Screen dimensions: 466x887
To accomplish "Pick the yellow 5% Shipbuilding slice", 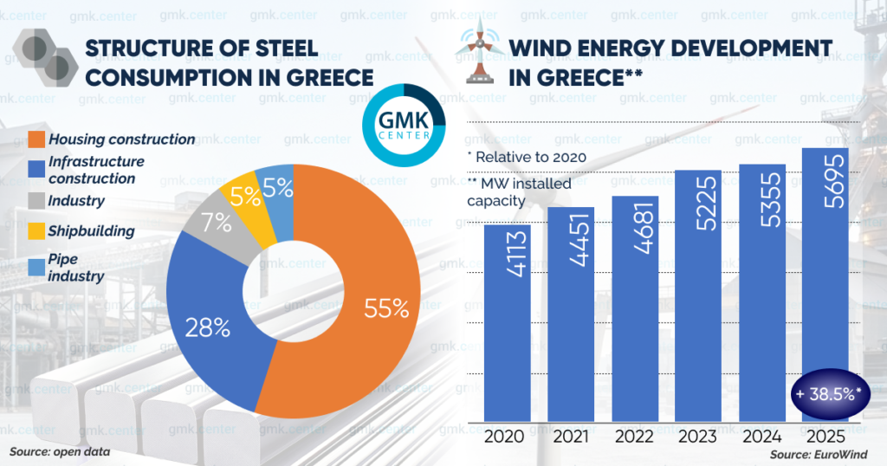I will pos(245,197).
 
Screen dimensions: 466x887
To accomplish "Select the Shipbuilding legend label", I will pos(91,231).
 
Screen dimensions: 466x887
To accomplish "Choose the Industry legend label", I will pos(76,201).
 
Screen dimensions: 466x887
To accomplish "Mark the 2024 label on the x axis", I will pos(761,437).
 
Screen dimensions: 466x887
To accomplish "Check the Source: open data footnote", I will pos(60,452).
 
